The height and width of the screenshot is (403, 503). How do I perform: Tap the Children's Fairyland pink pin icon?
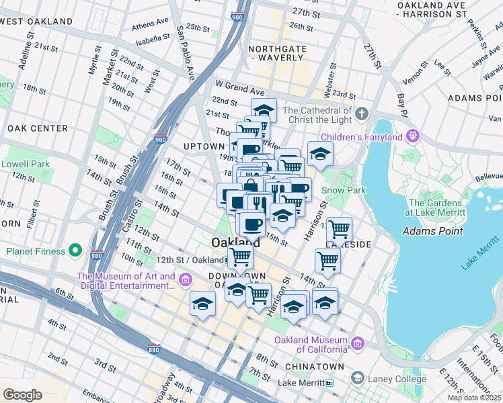pos(412,137)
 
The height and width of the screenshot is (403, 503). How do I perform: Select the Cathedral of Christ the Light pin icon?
pos(362,111)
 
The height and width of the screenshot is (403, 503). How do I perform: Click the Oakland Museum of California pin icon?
pos(357,344)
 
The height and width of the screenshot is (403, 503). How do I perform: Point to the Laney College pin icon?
pos(357,379)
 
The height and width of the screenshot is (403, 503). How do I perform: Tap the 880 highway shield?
pos(153,349)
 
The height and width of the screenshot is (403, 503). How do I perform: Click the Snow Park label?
pos(343,190)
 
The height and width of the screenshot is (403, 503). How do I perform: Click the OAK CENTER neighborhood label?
pos(38,128)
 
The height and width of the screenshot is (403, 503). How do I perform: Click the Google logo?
pos(22,394)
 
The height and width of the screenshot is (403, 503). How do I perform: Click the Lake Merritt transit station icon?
pos(329,383)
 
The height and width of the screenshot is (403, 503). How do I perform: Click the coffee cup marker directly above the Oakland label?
pos(251,223)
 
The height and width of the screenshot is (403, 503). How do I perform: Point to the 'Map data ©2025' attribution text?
pos(475,398)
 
